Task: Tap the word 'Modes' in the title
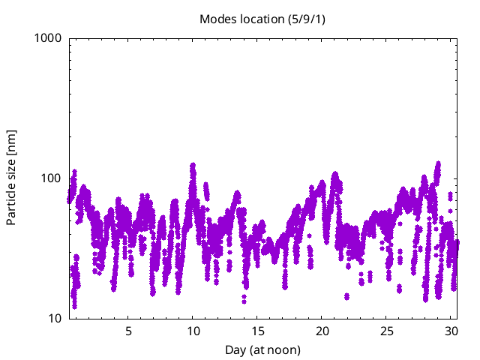216,19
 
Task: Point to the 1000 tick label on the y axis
49,37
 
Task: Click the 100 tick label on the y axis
52,178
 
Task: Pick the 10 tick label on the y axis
55,319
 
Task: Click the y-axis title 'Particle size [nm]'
12,178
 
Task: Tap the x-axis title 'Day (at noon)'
263,349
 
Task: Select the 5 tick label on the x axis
128,331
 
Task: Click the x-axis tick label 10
193,331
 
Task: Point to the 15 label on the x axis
257,331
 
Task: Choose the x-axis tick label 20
322,331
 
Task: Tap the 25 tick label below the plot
387,331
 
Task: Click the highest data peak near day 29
437,163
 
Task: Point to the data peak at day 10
193,165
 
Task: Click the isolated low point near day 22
346,296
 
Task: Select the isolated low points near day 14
244,299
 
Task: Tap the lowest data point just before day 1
74,305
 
